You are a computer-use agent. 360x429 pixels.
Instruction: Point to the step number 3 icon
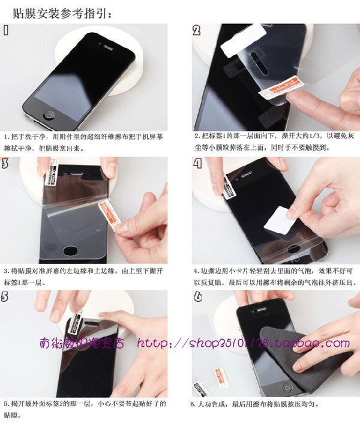(x=6, y=163)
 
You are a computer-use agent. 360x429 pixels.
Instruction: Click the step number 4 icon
(x=197, y=163)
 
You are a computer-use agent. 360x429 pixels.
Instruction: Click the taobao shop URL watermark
(x=243, y=344)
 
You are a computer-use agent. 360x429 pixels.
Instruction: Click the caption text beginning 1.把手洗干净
(x=85, y=142)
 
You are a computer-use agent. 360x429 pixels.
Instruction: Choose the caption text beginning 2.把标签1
(x=273, y=142)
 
